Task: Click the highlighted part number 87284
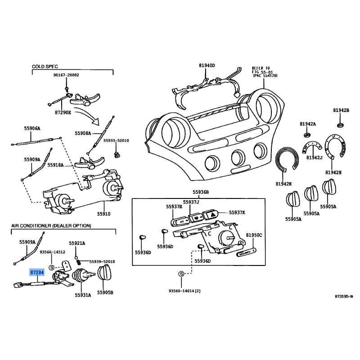click(37, 273)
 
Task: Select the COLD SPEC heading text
click(45, 66)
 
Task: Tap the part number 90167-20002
click(66, 75)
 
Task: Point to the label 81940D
click(207, 66)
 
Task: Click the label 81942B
click(341, 110)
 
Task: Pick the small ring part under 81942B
click(341, 124)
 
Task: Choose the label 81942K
click(283, 184)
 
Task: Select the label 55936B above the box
click(201, 192)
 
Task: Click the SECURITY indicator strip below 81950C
click(246, 253)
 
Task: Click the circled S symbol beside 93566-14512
click(51, 267)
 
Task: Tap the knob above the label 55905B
click(106, 273)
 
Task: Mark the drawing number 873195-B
click(344, 297)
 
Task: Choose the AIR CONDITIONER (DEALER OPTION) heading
click(51, 225)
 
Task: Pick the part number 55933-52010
click(116, 140)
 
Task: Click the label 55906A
click(32, 128)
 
